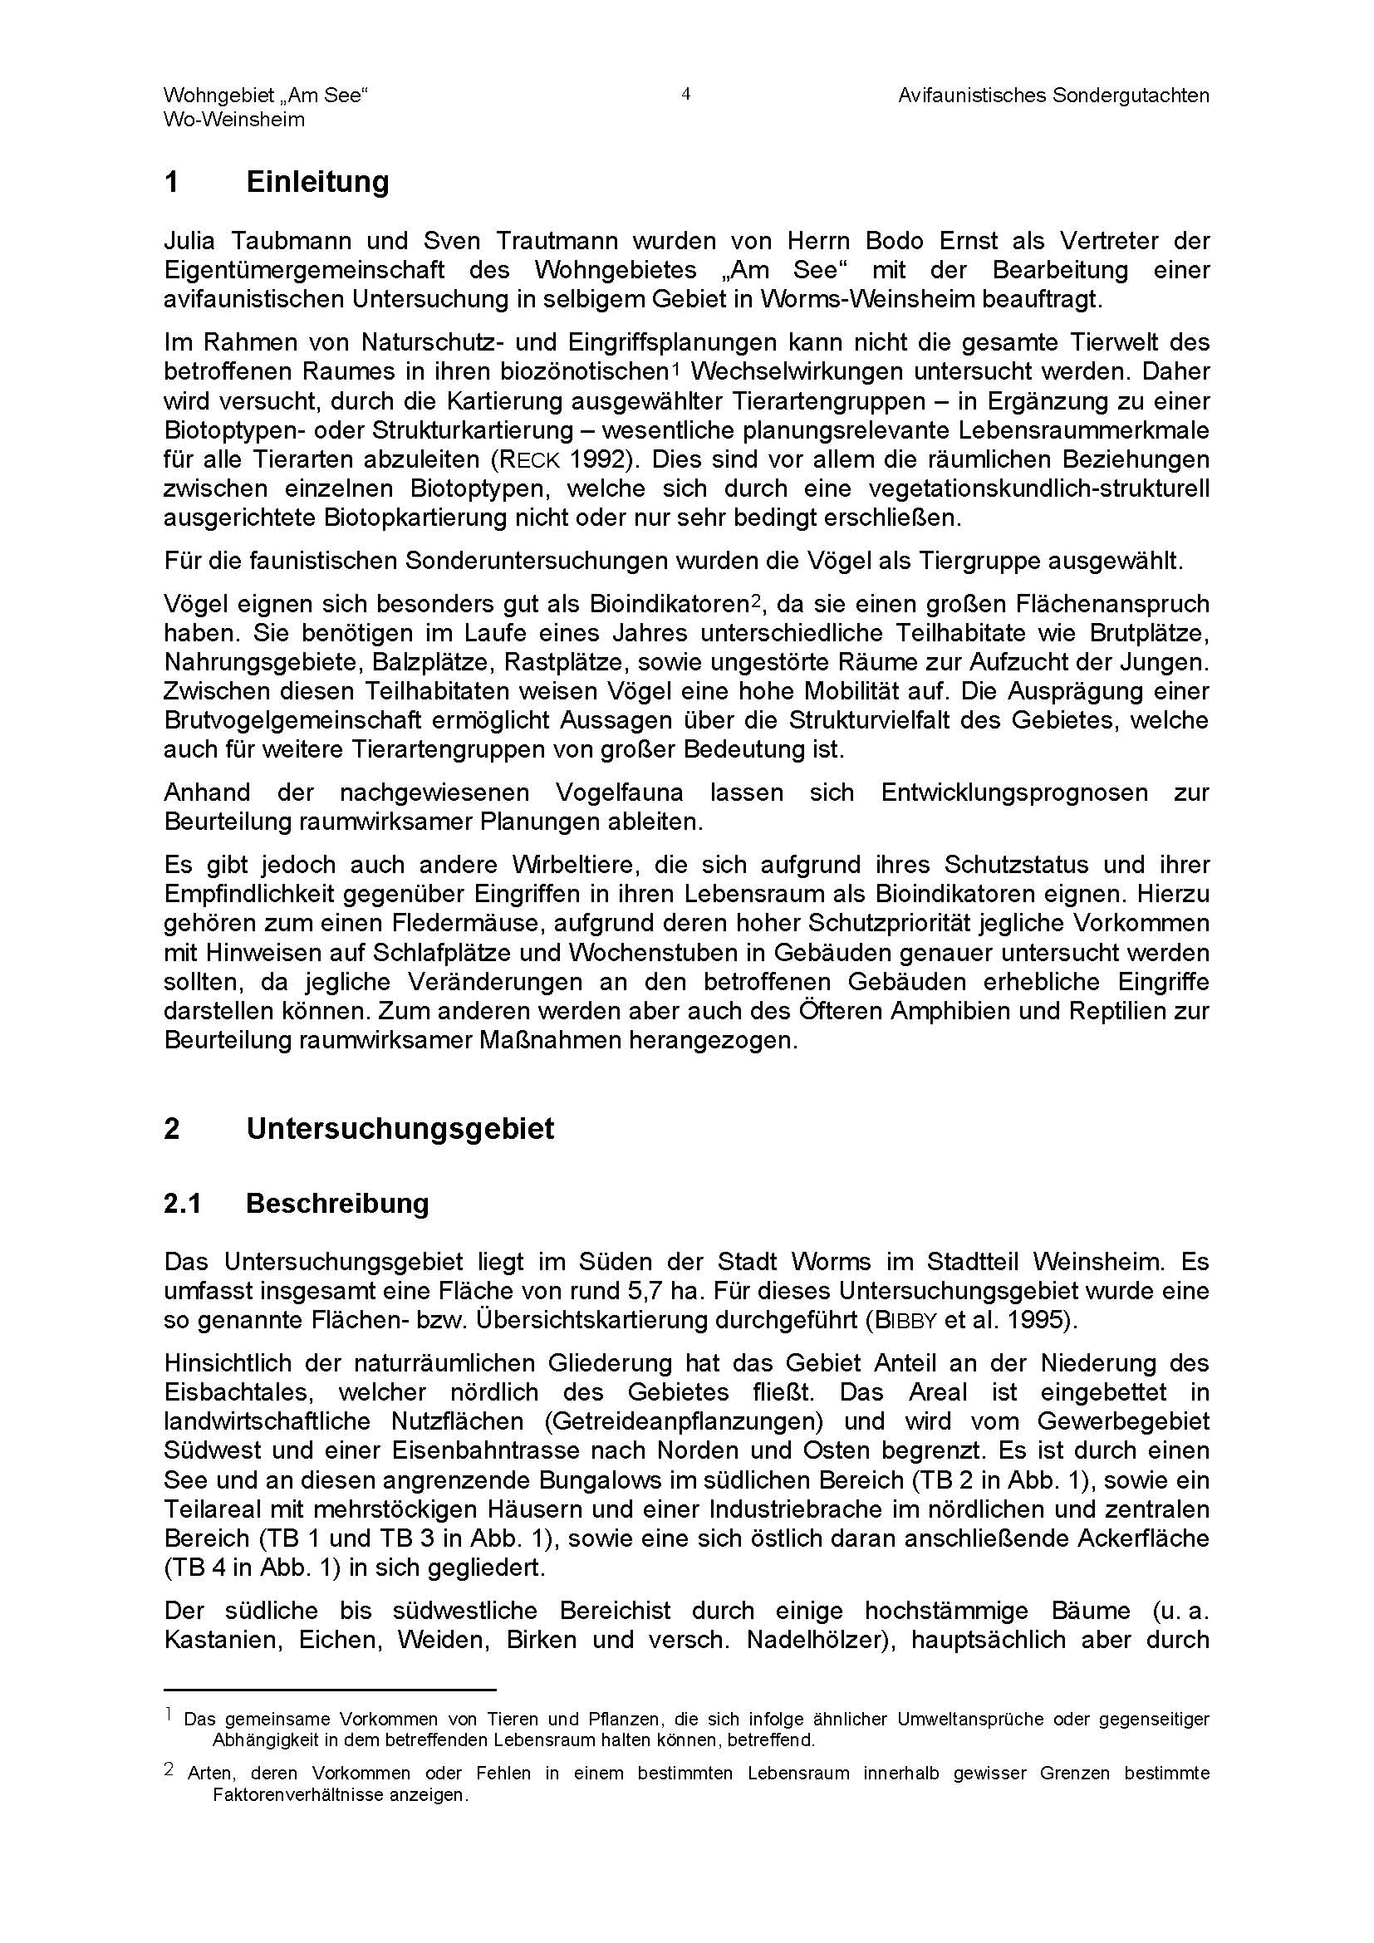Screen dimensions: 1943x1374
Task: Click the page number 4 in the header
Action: pos(685,95)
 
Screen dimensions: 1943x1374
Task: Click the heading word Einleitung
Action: pos(317,182)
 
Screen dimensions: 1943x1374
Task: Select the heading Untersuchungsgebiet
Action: pos(400,1129)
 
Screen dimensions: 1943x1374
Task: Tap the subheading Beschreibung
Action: pos(337,1204)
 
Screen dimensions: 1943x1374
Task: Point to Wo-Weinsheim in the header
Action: pos(233,120)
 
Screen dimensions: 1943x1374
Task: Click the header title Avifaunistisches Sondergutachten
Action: pos(1053,96)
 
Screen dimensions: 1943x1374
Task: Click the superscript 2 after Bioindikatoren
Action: pos(758,601)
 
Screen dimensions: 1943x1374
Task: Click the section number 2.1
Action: pos(182,1204)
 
